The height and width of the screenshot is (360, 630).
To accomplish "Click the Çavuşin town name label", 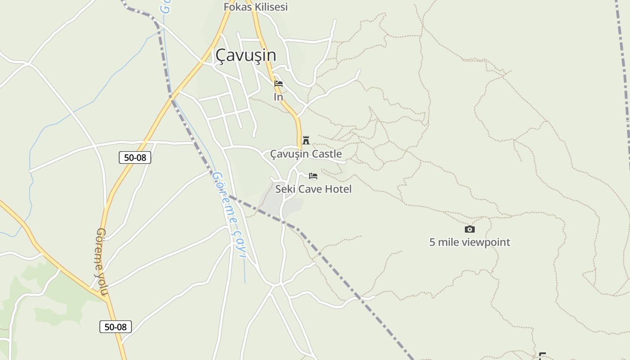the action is pyautogui.click(x=246, y=55).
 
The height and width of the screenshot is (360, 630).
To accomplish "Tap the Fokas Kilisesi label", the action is pyautogui.click(x=256, y=7).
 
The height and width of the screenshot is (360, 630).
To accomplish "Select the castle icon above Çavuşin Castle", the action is pyautogui.click(x=306, y=140).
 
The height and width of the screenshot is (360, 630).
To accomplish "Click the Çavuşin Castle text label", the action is pyautogui.click(x=306, y=154).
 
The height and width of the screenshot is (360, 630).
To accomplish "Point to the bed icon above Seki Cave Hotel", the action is pyautogui.click(x=313, y=175).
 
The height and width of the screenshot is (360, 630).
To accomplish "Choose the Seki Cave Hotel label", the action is pyautogui.click(x=313, y=189).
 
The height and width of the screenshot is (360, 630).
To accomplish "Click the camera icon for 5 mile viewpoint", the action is pyautogui.click(x=469, y=229).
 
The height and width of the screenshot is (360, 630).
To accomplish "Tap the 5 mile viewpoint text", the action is pyautogui.click(x=469, y=242).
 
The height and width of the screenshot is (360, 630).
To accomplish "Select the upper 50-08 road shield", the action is pyautogui.click(x=135, y=157).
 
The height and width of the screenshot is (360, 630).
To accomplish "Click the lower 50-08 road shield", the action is pyautogui.click(x=116, y=327).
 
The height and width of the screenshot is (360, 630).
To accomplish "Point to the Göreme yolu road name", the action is pyautogui.click(x=102, y=262).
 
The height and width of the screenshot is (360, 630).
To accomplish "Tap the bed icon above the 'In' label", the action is pyautogui.click(x=279, y=84).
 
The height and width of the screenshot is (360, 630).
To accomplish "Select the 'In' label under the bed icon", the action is pyautogui.click(x=279, y=97).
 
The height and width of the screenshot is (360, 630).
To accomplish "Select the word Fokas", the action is pyautogui.click(x=237, y=7).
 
